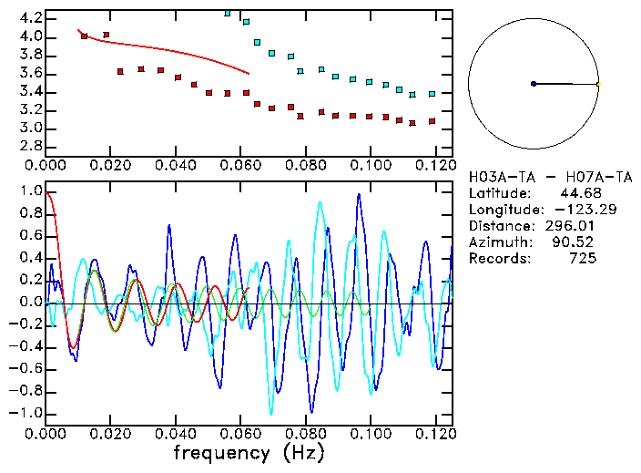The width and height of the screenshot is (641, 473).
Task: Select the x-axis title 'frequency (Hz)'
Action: point(249,452)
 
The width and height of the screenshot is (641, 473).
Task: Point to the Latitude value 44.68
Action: point(579,193)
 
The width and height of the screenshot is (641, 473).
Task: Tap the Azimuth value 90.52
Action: point(575,242)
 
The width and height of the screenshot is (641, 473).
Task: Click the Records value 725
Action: point(583,259)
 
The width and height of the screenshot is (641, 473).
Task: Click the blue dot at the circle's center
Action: point(534,84)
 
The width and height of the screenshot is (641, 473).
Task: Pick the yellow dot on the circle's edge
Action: point(598,84)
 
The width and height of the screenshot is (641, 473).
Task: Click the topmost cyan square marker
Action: point(228,13)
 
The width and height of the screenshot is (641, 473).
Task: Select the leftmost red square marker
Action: point(85,36)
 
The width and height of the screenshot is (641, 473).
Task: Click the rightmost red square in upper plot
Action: point(432,121)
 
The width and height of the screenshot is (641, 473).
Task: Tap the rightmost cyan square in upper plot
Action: point(432,94)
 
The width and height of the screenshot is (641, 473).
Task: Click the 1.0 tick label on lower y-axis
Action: point(31,192)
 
